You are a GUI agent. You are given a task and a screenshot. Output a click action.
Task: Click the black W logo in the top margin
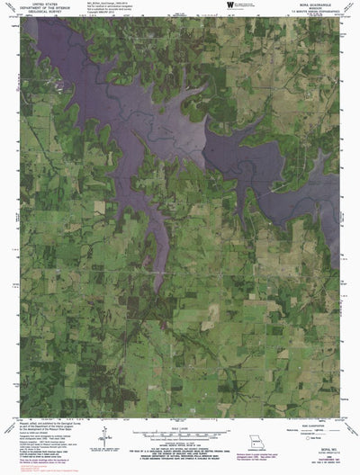click(x=231, y=6)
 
